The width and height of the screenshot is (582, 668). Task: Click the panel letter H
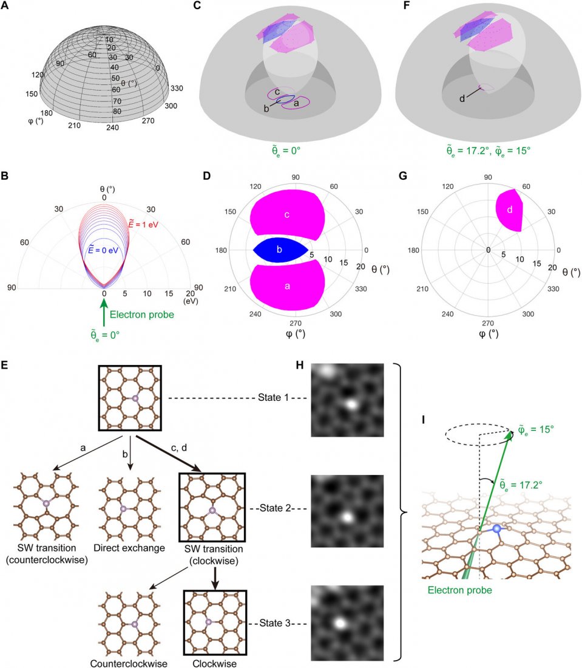coord(300,365)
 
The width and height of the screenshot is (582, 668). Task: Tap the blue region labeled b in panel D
coord(280,250)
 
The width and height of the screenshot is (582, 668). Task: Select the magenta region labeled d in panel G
coord(509,210)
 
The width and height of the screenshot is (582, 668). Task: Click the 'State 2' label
coord(276,508)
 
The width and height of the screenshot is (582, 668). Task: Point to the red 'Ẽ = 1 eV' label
coord(143,224)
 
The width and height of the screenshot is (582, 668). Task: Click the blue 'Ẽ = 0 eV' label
coord(103,250)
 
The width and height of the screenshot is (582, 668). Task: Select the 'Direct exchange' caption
coord(129,548)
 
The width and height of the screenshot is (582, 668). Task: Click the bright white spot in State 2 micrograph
coord(348,517)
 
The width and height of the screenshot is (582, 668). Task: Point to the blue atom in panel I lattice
coord(496,529)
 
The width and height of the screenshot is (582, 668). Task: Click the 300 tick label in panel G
coord(528,314)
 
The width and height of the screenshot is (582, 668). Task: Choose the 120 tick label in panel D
coord(255,186)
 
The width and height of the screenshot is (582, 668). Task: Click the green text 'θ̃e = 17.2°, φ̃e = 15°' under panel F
coord(489,151)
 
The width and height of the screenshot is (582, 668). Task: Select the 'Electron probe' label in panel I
coord(460,590)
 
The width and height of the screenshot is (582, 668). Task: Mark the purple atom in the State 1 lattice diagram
coord(135,399)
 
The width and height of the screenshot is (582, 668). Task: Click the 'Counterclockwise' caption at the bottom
coord(129,663)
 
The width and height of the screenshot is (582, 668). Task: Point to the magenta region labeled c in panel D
coord(288,214)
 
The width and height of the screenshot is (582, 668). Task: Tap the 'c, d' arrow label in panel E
coord(179,448)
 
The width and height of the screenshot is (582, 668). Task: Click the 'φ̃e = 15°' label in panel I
coord(536,430)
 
